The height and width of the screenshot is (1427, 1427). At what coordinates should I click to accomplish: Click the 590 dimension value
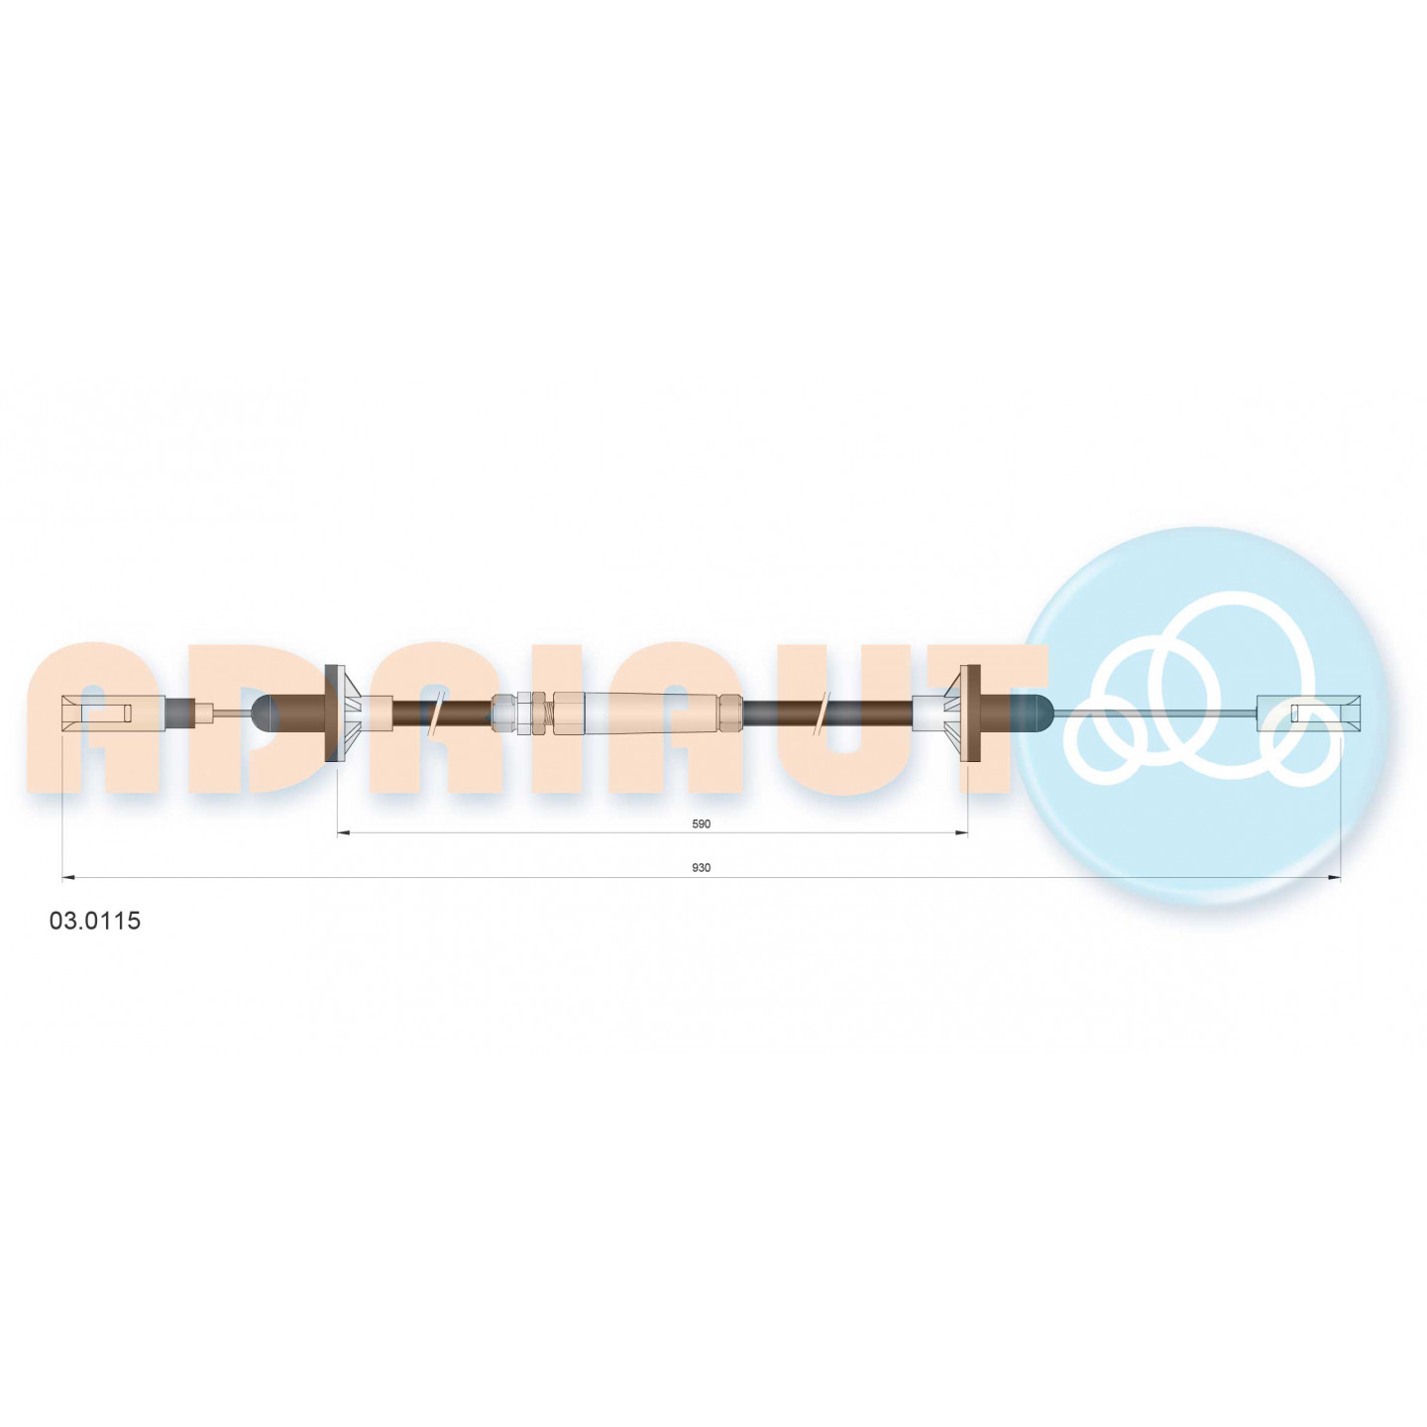(700, 824)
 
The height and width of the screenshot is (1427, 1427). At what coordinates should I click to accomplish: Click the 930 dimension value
(700, 868)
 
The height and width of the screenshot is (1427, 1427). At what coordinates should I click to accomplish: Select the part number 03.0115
(95, 922)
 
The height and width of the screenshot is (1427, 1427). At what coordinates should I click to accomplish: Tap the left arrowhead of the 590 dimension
(343, 833)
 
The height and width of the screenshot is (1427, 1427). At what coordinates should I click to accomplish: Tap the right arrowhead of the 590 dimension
(961, 833)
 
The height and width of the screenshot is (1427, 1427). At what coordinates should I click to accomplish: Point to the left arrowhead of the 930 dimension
(68, 878)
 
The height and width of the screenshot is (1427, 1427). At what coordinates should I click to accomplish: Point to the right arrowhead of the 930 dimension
(1335, 878)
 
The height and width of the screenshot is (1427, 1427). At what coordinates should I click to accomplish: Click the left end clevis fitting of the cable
(112, 713)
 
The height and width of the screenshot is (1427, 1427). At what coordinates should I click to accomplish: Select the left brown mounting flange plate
(334, 713)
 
